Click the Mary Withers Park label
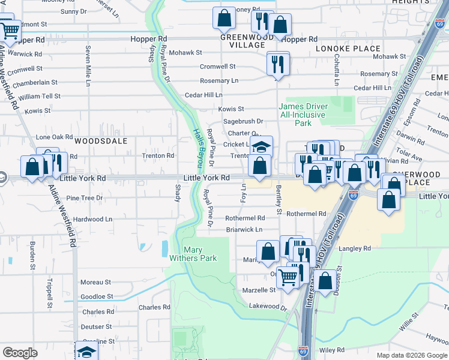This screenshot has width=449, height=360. click(x=199, y=254)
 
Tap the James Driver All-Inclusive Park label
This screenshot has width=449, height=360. click(x=303, y=115)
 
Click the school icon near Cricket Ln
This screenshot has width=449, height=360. click(x=261, y=146)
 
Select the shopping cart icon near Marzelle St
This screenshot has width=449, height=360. click(x=289, y=277)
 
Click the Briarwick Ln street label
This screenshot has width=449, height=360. click(x=244, y=230)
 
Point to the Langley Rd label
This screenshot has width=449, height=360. click(x=355, y=248)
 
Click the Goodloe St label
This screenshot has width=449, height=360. click(x=97, y=296)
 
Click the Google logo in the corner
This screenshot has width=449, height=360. click(x=20, y=353)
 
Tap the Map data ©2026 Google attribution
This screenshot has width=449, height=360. click(x=412, y=355)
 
